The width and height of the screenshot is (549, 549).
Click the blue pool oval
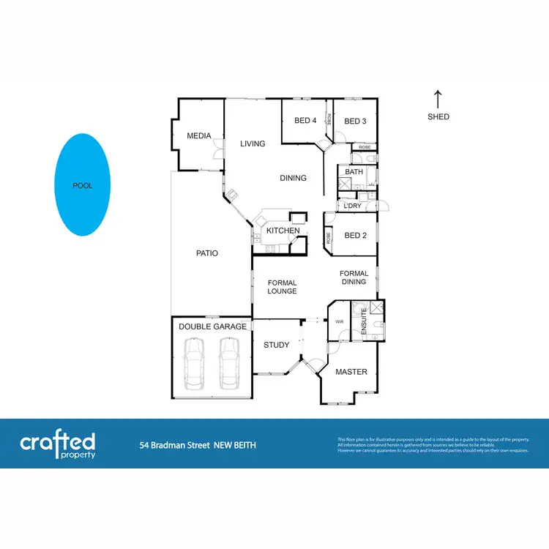[83, 185]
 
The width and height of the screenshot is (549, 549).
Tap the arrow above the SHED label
[438, 99]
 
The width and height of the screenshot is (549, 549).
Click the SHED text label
[438, 117]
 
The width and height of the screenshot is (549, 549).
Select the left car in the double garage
[195, 363]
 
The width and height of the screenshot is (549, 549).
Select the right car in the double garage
[230, 363]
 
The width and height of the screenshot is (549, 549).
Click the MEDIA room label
[198, 136]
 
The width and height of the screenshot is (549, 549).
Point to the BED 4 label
[305, 122]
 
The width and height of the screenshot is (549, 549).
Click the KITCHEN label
[283, 231]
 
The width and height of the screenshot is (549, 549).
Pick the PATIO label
[206, 253]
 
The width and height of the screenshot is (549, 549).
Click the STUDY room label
[276, 345]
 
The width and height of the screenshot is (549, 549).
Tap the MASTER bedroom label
[351, 372]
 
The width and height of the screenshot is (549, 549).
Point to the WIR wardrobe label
[339, 321]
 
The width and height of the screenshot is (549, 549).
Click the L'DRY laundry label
[353, 206]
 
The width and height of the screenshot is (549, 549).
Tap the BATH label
[354, 172]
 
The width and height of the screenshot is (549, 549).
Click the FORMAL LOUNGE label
[282, 287]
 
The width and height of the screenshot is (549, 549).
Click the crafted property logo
[57, 444]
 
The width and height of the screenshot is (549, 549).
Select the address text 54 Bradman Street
[175, 445]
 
